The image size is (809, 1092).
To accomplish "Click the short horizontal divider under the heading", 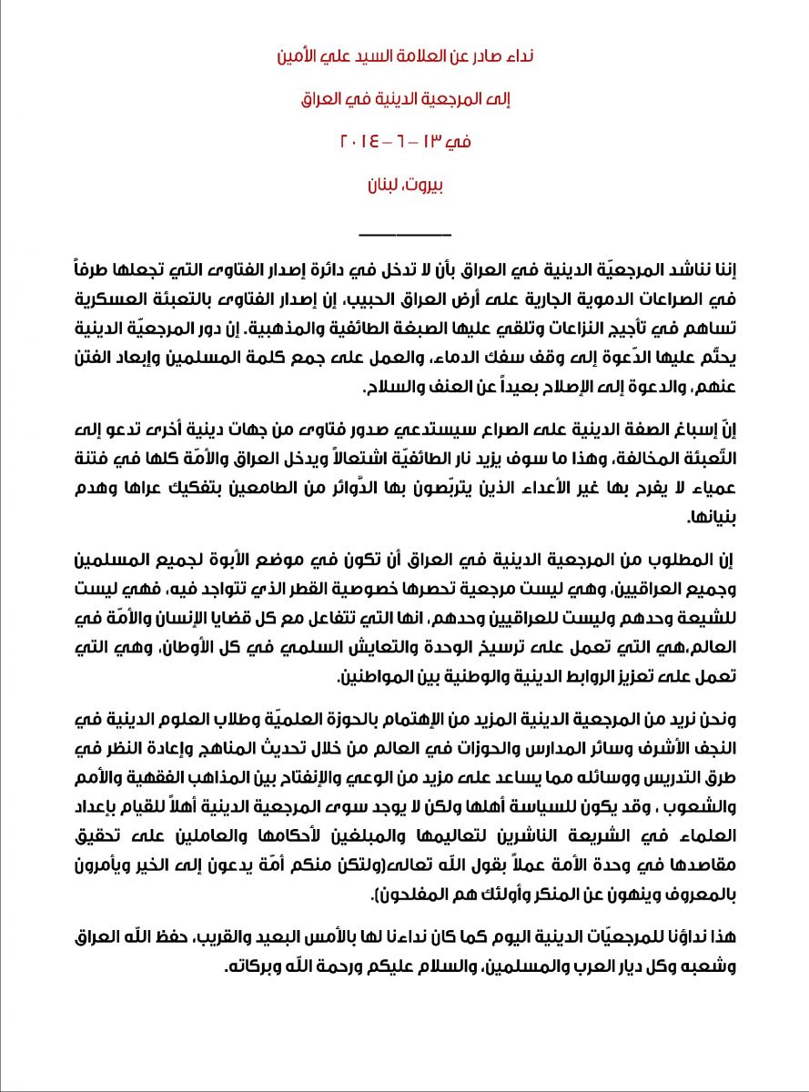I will point(404,236).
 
